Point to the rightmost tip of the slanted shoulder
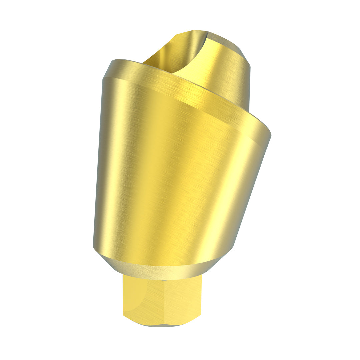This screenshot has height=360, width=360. click(x=271, y=135)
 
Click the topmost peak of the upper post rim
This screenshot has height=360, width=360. click(x=197, y=31)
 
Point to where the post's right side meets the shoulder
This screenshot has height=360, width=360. click(x=249, y=112)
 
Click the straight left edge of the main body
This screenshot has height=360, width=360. click(x=97, y=160)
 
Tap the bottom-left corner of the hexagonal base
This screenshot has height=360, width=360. click(x=124, y=315)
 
